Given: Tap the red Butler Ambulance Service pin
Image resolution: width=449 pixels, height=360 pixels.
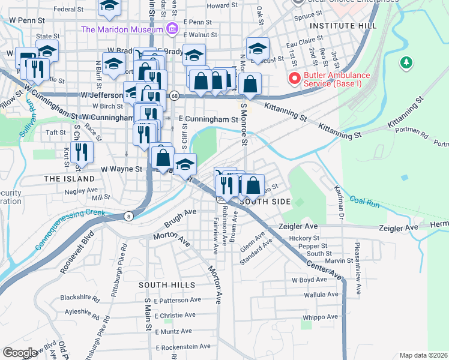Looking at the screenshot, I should point(294,78).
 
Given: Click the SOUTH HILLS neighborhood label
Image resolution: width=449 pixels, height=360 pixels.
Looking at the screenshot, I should point(167,284).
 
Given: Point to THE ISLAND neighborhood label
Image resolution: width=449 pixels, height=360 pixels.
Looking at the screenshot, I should point(69,179).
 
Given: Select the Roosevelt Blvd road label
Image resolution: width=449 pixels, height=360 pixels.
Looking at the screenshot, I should point(76,252).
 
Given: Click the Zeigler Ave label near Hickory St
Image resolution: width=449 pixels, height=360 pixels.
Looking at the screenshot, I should point(298,227).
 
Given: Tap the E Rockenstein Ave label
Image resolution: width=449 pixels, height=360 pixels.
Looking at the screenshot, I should point(183,347).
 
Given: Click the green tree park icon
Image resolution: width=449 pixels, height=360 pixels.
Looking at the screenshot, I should point(406,62).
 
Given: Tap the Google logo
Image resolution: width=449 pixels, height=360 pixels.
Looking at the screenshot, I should point(19,353).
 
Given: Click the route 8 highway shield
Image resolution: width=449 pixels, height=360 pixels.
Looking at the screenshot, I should point(129,216).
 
